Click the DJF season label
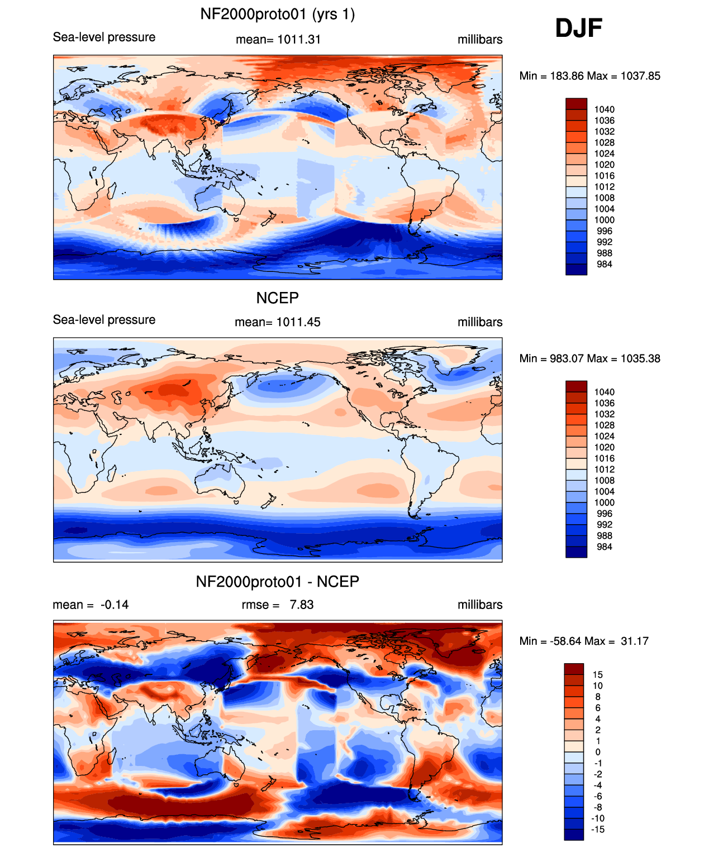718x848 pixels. point(578,28)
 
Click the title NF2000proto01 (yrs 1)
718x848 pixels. point(278,15)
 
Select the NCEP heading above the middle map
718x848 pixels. point(278,298)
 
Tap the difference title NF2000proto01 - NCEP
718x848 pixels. point(278,581)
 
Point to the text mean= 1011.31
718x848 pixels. point(278,40)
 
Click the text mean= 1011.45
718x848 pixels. point(278,322)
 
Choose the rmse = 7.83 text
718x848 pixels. point(278,605)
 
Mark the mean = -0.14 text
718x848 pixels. point(91,605)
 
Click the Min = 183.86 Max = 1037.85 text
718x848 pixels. point(589,76)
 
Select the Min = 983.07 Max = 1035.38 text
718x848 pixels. point(589,358)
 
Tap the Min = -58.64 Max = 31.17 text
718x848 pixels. point(584,641)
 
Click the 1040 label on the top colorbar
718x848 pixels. point(604,109)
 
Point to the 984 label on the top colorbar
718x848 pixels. point(604,264)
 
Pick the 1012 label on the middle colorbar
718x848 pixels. point(604,469)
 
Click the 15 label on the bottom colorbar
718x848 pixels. point(597,674)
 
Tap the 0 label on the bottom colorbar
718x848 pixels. point(598,752)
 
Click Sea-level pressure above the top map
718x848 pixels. point(104,37)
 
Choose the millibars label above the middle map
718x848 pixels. point(480,322)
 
